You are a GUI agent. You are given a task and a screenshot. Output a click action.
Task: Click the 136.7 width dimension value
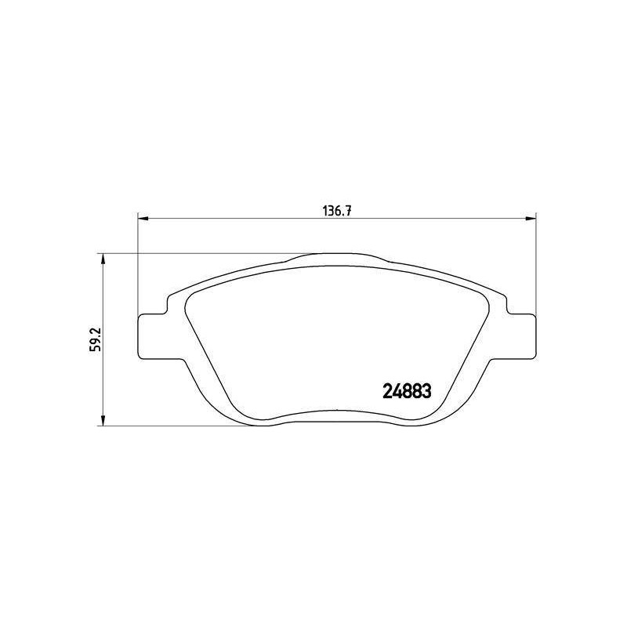[x=337, y=211]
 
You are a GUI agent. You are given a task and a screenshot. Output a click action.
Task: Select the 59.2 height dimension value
[x=96, y=339]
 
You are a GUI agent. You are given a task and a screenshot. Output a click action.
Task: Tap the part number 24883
[x=407, y=391]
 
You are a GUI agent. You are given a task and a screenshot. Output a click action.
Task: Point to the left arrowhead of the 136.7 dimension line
[x=143, y=219]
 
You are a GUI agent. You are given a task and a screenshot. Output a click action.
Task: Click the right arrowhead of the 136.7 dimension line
[x=531, y=219]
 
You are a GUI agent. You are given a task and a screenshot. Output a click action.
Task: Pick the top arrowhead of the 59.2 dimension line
[x=103, y=259]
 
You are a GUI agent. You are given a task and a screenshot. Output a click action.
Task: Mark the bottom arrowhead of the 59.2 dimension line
[x=103, y=420]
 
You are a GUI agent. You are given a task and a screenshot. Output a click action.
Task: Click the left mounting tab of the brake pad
[x=152, y=336]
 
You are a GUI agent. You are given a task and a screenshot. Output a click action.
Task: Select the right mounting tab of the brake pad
[x=521, y=336]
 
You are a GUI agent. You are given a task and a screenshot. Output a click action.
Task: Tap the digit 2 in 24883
[x=388, y=391]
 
